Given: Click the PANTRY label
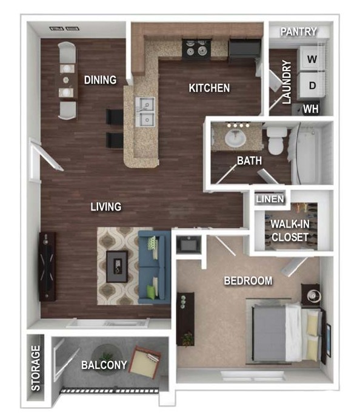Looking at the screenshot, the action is point(298,32).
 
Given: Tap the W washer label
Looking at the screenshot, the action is point(312,59).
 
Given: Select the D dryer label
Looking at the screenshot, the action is point(312,85).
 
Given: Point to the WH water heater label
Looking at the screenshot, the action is point(310,109).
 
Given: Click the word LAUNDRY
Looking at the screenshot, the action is point(287,82).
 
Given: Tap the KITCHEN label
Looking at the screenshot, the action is point(209,88).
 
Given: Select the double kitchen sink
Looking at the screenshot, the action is point(145,112).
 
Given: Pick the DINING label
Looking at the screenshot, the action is point(100,79).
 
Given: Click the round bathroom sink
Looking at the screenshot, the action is point(235,138).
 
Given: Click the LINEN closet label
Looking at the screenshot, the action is point(270,199).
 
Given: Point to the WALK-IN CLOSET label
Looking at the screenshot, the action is point(290,231).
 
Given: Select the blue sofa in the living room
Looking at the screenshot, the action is point(154,268).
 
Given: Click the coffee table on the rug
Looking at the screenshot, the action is point(117,266).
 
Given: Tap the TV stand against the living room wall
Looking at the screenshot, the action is point(47,266).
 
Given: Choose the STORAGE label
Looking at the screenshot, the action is point(36,368).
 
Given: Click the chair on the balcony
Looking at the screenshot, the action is point(145,362).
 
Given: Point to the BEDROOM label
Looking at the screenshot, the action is point(248,281).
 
